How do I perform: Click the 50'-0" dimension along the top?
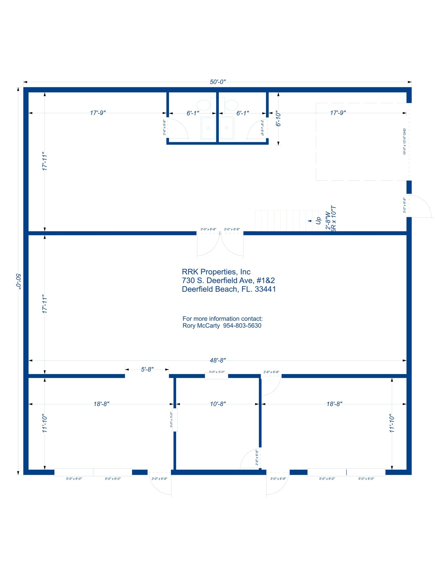[217, 82]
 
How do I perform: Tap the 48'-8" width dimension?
[217, 360]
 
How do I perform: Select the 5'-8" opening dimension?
[147, 369]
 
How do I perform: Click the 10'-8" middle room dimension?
[218, 404]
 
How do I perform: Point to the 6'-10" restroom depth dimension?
[278, 119]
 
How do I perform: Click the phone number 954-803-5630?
[242, 326]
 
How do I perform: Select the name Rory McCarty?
[201, 326]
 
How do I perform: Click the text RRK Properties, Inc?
[216, 272]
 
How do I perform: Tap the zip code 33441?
[265, 289]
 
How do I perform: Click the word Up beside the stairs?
[318, 221]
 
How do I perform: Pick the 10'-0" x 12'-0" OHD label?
[404, 142]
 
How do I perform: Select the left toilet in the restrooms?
[204, 105]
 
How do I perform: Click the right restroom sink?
[227, 128]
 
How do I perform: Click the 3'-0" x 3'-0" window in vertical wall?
[174, 420]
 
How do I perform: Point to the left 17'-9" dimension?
[98, 113]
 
